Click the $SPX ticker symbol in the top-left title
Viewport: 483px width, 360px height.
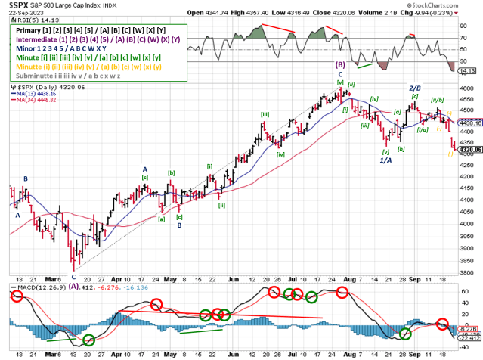18,5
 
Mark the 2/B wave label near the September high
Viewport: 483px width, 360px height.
415,88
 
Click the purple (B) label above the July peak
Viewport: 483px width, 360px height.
340,65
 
